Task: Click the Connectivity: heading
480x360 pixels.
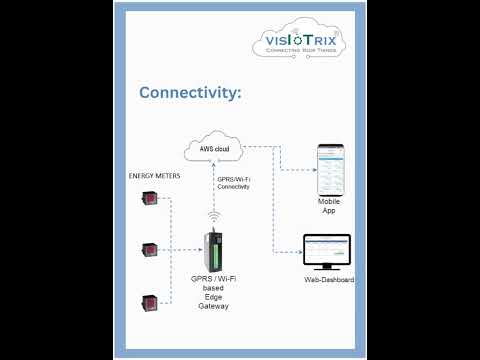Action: [x=190, y=93]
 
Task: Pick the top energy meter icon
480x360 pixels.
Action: [x=149, y=199]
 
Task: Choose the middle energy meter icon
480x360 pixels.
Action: [x=149, y=249]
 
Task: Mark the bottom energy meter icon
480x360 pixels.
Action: [x=149, y=300]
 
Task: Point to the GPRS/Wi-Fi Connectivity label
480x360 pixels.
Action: [x=233, y=184]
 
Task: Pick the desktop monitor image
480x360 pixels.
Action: [x=328, y=252]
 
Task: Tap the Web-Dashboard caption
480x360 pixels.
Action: [x=329, y=280]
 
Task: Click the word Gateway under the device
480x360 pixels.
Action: [x=214, y=306]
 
